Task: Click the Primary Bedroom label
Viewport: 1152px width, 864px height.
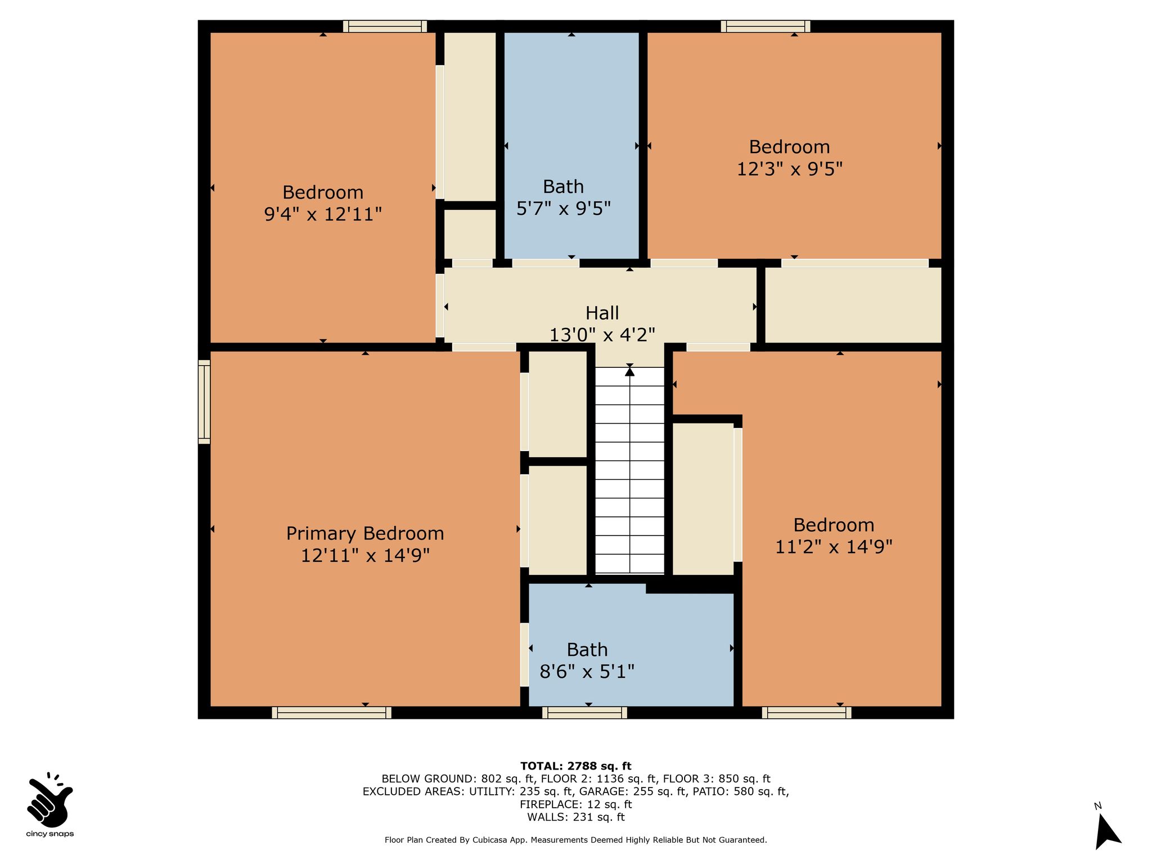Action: coord(365,544)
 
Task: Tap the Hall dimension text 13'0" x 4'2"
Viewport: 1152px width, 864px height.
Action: coord(602,335)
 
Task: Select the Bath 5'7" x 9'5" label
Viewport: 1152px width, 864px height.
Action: coord(563,197)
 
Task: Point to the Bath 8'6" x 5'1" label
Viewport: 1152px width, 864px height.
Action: coord(587,660)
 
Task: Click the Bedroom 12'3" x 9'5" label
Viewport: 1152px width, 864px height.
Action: coord(790,157)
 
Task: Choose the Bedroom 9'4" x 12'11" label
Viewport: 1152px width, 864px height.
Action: coord(323,203)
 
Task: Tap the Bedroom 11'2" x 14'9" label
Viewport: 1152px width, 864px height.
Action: coord(834,535)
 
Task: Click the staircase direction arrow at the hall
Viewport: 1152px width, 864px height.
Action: coord(629,371)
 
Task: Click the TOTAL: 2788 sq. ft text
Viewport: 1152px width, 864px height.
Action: coord(576,766)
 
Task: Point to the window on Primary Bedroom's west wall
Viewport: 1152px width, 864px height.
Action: coord(204,402)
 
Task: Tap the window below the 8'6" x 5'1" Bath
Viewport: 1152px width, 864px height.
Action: coord(584,713)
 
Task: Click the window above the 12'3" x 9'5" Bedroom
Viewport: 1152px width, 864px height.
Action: coord(766,26)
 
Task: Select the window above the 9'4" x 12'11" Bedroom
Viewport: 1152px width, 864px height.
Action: coord(385,26)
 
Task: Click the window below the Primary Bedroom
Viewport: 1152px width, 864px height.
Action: coord(332,713)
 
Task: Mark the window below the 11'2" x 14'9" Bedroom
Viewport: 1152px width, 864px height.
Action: coord(807,713)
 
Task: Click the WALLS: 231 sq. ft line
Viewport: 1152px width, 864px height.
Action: coord(576,817)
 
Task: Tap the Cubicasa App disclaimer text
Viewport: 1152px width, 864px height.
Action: coord(576,840)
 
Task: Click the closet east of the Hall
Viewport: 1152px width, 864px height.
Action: coord(853,304)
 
